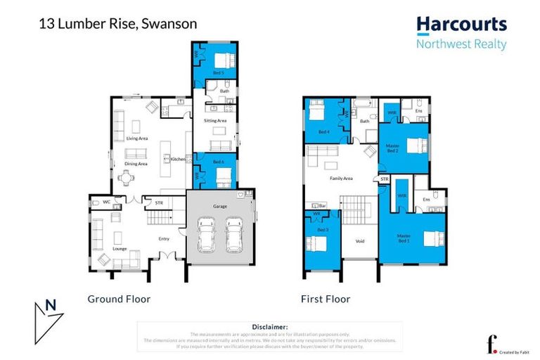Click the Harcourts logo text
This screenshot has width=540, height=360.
point(461,25)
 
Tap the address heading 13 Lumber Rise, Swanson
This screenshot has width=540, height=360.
point(117,23)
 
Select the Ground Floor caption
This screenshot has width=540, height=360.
point(119,299)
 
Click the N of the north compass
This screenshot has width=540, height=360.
point(50,306)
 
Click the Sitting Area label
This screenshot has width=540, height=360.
point(215,121)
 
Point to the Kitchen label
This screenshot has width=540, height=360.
point(179,160)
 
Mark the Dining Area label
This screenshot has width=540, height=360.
point(136,164)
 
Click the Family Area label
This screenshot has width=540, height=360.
point(342,179)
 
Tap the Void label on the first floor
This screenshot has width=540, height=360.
point(360,241)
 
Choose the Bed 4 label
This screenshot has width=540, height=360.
point(323,131)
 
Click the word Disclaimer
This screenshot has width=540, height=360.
point(269,327)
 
